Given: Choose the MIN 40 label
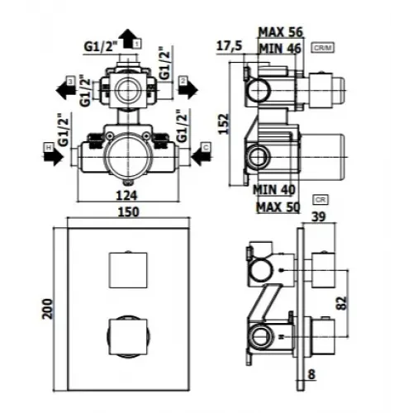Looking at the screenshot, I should pyautogui.click(x=273, y=189).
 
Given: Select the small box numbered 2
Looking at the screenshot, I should pyautogui.click(x=183, y=83).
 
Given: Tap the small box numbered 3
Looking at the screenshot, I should pyautogui.click(x=71, y=81).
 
